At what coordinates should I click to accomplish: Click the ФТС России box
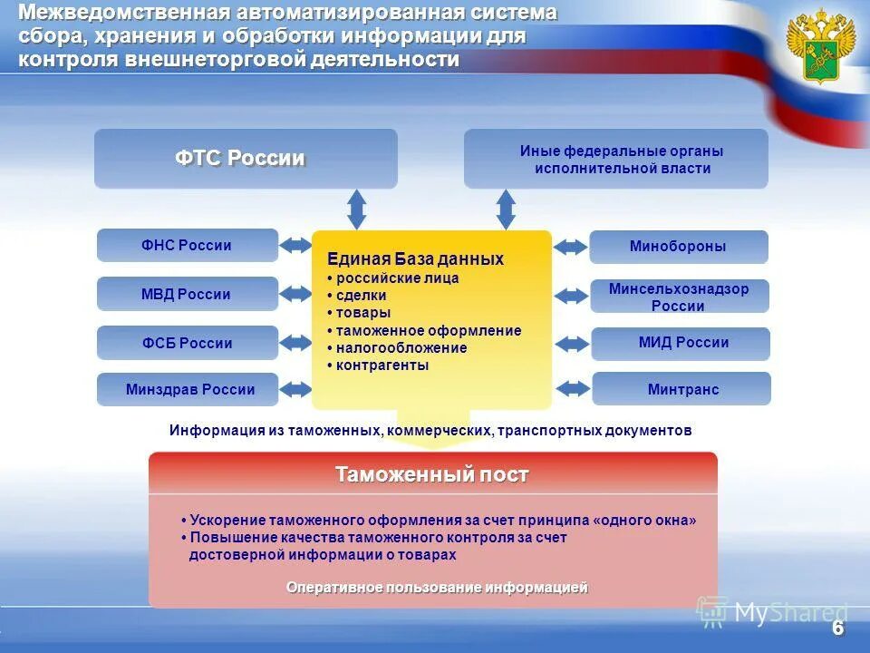click(x=246, y=159)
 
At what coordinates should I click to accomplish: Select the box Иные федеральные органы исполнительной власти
click(x=615, y=159)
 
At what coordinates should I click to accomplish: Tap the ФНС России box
click(x=187, y=245)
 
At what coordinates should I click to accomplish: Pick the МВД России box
click(x=187, y=294)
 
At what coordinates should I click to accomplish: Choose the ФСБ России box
click(x=187, y=343)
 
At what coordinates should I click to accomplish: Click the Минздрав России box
click(x=190, y=390)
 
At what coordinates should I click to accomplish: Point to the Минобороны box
click(x=678, y=247)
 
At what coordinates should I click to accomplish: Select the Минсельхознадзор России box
click(x=679, y=297)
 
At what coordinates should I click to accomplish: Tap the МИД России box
click(x=680, y=343)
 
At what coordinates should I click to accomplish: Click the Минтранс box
click(x=681, y=389)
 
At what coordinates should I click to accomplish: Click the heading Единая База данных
click(x=415, y=259)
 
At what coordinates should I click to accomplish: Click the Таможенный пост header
click(x=432, y=474)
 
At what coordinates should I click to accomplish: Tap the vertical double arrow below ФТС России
click(x=357, y=210)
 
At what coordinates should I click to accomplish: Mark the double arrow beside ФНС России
click(x=295, y=246)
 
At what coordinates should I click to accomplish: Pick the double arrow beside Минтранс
click(x=572, y=389)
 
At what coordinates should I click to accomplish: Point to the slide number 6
click(x=837, y=629)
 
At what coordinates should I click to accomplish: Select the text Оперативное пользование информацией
click(x=437, y=588)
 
